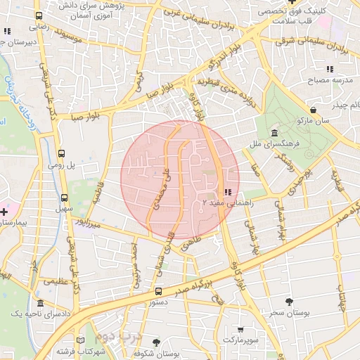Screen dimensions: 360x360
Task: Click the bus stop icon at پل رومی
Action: point(62,153)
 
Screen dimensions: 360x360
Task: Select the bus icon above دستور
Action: point(157,291)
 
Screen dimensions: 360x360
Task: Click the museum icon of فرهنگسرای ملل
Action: point(274,134)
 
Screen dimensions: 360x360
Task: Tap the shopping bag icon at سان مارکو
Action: point(312,110)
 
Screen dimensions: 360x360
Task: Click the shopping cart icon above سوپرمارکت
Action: point(241,329)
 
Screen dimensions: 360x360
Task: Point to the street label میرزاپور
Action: point(93,222)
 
